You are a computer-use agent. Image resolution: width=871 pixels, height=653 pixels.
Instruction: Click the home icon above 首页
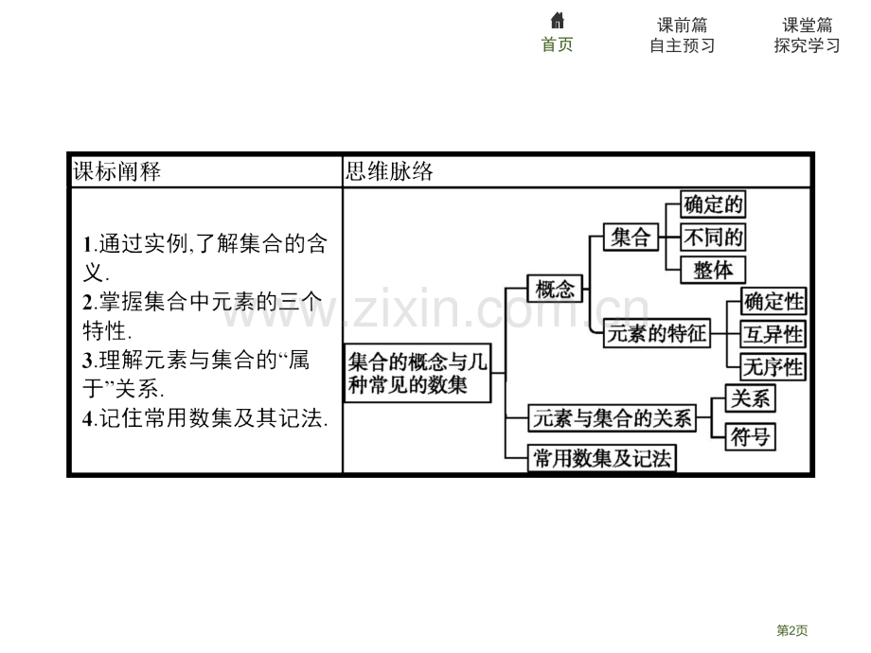click(557, 21)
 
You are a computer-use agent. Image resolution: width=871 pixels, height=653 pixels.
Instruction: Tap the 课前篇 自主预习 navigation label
click(683, 35)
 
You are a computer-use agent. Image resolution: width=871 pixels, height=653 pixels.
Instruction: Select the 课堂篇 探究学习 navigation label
click(808, 35)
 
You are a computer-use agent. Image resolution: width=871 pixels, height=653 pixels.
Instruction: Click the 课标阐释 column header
click(117, 171)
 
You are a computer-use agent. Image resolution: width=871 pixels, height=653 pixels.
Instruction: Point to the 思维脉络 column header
click(389, 171)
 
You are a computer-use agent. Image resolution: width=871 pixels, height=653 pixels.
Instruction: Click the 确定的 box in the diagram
click(713, 204)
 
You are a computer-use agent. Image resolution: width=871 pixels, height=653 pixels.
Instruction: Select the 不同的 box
click(713, 238)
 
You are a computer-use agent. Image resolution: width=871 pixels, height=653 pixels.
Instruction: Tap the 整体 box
click(713, 270)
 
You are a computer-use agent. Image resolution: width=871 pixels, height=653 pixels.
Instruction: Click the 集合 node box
click(631, 238)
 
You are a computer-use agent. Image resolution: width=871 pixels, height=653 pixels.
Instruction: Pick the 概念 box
click(555, 289)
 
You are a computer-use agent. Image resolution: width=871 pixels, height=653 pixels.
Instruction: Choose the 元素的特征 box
click(657, 334)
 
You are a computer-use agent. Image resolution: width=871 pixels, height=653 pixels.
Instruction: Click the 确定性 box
click(773, 302)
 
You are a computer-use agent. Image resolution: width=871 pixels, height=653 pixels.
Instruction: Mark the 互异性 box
click(773, 334)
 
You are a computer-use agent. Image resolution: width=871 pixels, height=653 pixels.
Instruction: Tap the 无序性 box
click(773, 367)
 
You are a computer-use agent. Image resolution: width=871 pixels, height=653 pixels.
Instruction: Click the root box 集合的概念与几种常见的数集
click(418, 373)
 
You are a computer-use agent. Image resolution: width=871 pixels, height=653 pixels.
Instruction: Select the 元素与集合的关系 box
click(612, 418)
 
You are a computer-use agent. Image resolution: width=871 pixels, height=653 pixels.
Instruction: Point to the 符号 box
click(750, 437)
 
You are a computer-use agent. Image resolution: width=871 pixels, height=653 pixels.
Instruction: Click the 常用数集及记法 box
click(601, 459)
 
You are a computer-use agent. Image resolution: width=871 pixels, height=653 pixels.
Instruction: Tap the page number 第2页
click(792, 630)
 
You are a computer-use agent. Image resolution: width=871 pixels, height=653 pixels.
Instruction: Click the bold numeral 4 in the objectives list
click(87, 418)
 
